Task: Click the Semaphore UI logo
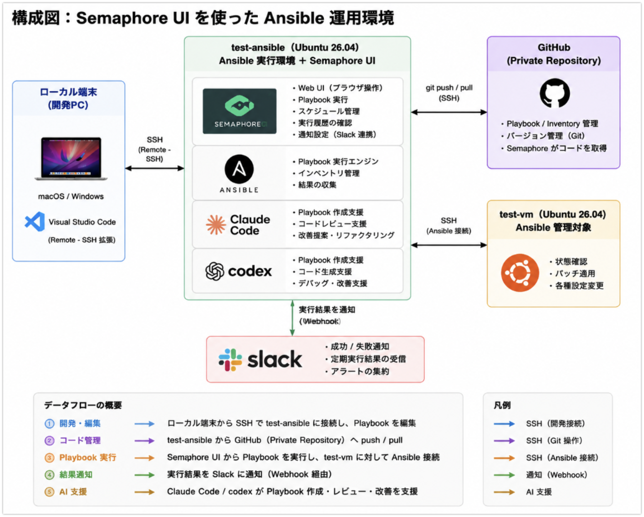(239, 111)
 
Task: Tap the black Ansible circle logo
(239, 169)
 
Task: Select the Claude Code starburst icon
(216, 225)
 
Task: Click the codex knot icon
(215, 271)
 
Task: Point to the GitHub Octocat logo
(555, 93)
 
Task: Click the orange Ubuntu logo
(520, 273)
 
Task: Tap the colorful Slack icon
(230, 360)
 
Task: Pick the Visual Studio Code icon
(35, 221)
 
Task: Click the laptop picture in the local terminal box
(71, 159)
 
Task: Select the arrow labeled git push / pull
(449, 112)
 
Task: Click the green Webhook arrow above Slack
(292, 318)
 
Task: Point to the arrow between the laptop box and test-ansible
(155, 168)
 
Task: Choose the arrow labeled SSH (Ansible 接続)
(449, 245)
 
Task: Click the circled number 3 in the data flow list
(49, 458)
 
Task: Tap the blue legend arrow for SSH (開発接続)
(504, 424)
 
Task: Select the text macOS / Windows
(71, 196)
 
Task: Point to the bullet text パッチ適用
(575, 273)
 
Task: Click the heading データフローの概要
(83, 405)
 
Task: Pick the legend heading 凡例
(502, 405)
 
